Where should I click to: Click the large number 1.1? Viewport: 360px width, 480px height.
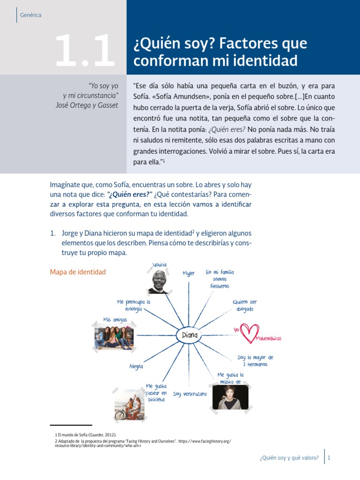(x=84, y=51)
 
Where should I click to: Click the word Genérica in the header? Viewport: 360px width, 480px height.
(x=31, y=15)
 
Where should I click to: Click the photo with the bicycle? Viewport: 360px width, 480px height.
(x=129, y=405)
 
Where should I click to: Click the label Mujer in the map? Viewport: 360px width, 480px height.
(x=188, y=273)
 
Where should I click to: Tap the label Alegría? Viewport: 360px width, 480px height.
(x=136, y=367)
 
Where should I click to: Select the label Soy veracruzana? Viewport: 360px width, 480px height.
(x=190, y=394)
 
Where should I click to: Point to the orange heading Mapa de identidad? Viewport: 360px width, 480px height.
(x=78, y=272)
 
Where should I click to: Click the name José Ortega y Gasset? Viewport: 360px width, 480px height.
(x=87, y=105)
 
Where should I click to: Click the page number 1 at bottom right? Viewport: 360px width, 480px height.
(x=329, y=458)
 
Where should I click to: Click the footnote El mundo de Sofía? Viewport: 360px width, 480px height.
(x=86, y=435)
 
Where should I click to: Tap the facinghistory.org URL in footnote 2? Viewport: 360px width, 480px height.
(x=197, y=441)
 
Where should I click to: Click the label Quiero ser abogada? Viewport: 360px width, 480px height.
(x=245, y=306)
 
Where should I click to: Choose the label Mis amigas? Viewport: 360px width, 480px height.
(x=115, y=320)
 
